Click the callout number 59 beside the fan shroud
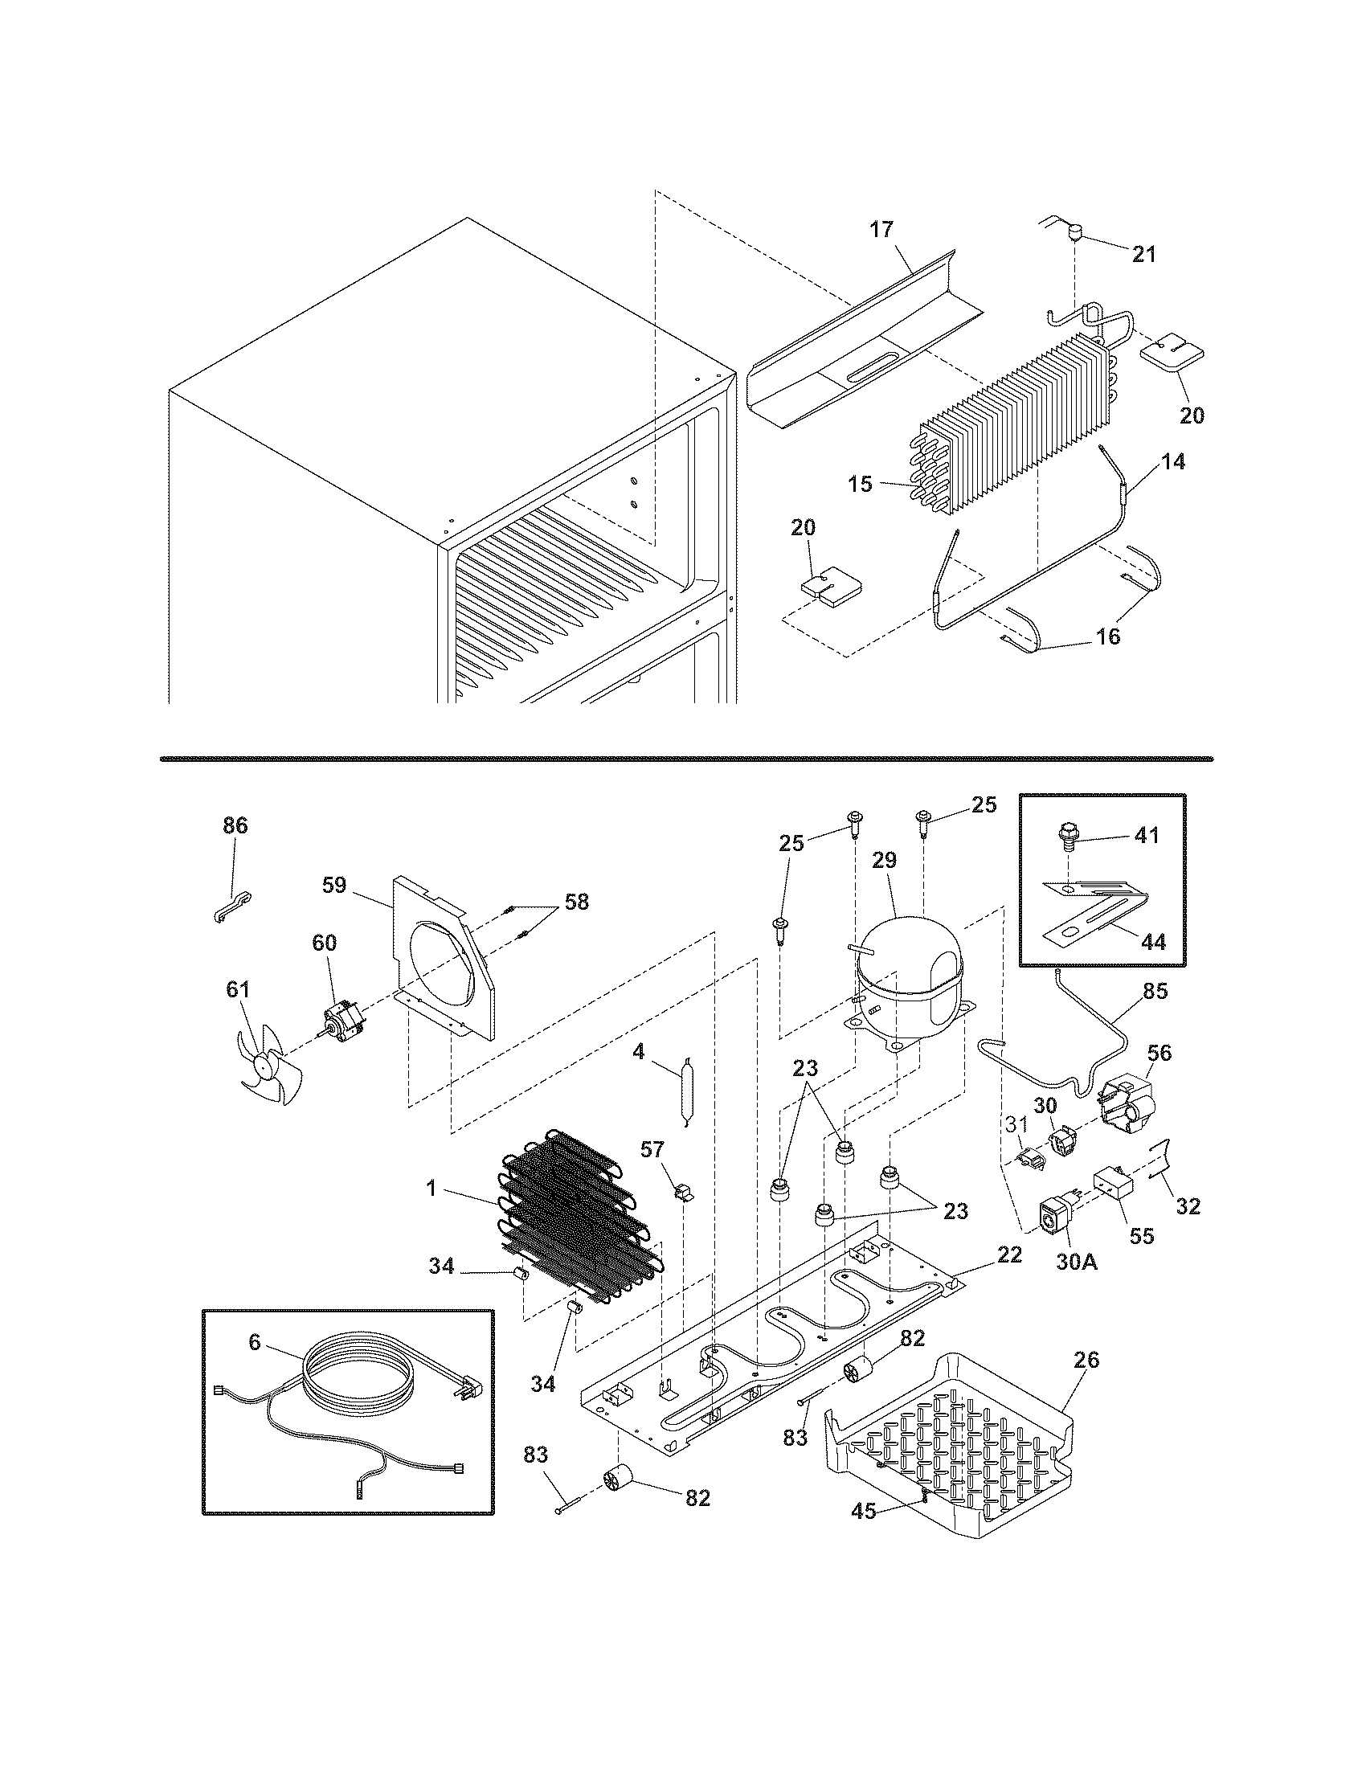coord(334,885)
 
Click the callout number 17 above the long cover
coord(881,230)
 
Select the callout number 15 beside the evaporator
coord(861,484)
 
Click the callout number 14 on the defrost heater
coord(1173,462)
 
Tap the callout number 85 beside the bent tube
coord(1155,991)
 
